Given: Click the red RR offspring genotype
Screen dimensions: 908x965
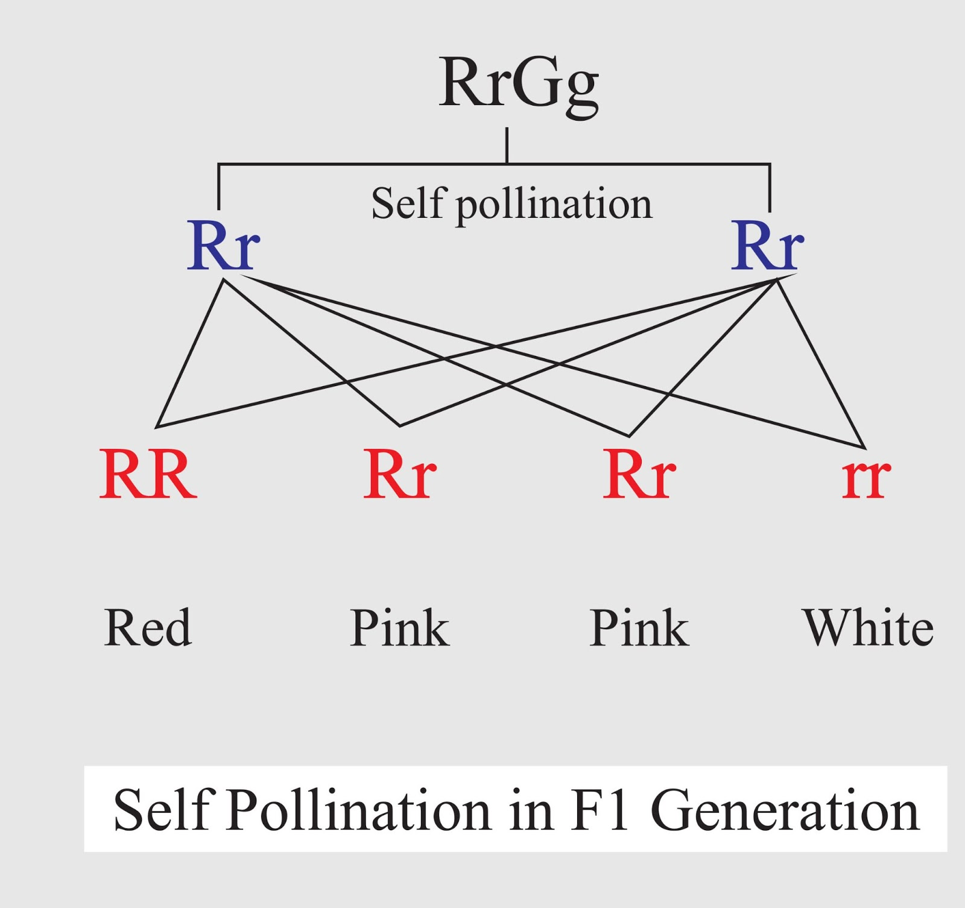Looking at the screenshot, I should (x=148, y=475).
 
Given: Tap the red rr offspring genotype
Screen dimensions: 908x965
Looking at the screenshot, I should (x=866, y=477).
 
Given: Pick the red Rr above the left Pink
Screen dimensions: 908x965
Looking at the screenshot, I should (x=399, y=475).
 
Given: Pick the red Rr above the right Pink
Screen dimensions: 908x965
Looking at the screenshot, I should (x=639, y=475).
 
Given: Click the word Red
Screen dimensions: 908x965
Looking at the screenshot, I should (x=148, y=627).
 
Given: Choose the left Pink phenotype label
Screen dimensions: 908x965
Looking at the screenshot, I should (x=399, y=627).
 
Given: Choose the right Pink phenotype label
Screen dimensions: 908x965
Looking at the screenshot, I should (x=639, y=627).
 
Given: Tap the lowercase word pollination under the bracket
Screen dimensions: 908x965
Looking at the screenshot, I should (x=554, y=205).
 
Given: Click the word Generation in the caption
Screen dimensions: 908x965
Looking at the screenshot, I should (x=785, y=810).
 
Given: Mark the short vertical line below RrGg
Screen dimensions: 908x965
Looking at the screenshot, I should (x=507, y=145).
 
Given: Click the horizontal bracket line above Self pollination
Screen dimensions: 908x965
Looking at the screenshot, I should (x=362, y=164).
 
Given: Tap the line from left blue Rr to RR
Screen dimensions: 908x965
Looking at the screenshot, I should (x=189, y=354).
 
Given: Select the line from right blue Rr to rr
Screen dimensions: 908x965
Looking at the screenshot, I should (x=821, y=364).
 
